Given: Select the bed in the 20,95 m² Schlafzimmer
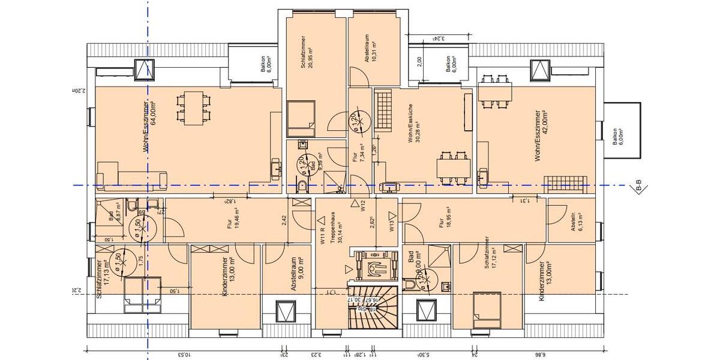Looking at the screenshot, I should tap(301, 118).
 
